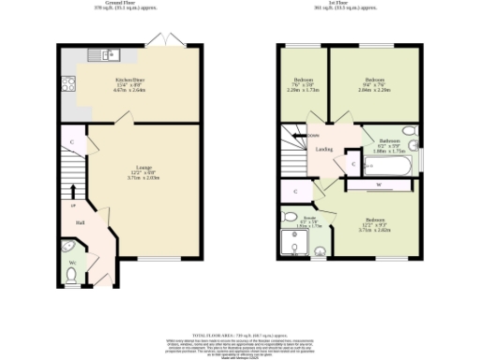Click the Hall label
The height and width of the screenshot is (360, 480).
pos(82,223)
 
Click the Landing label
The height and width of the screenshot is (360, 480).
pos(322,148)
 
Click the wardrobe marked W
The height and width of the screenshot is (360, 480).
pos(378,185)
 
